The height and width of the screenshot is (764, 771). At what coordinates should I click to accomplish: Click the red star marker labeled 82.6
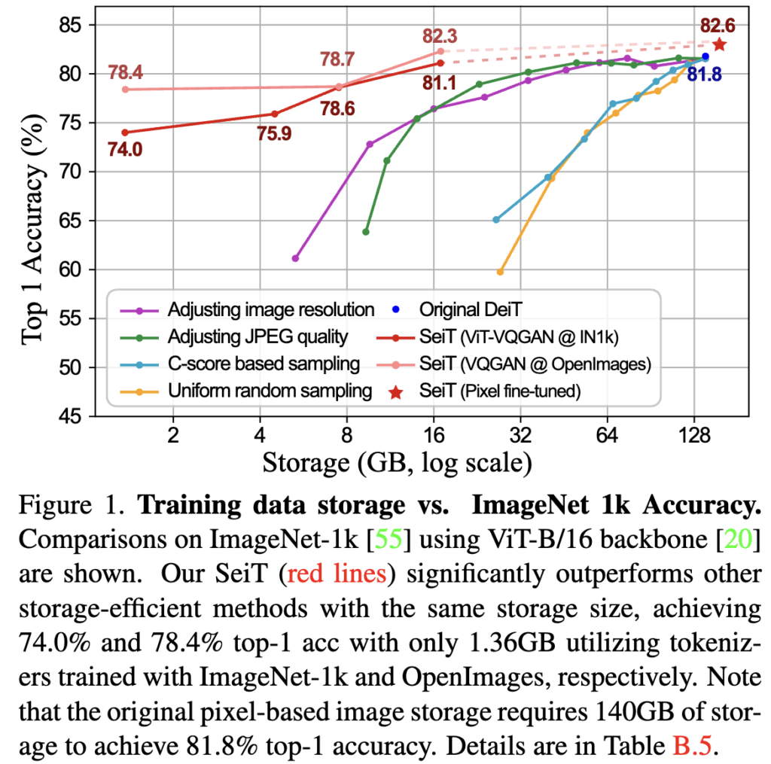(719, 44)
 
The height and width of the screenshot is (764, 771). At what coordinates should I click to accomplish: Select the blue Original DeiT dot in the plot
(705, 56)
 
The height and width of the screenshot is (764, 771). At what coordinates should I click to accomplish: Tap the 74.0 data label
(125, 149)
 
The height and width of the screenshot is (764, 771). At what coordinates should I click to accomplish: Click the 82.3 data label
(440, 35)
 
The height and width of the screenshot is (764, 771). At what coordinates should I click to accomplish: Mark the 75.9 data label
(274, 134)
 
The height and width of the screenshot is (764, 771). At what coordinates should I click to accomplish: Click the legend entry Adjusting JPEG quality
(258, 336)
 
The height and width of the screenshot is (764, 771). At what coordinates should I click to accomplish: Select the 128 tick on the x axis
(694, 436)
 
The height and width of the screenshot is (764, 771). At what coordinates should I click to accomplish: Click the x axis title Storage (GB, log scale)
(398, 461)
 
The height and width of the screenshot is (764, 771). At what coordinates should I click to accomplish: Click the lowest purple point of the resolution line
(295, 258)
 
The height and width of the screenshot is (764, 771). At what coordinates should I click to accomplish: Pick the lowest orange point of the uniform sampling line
(500, 272)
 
